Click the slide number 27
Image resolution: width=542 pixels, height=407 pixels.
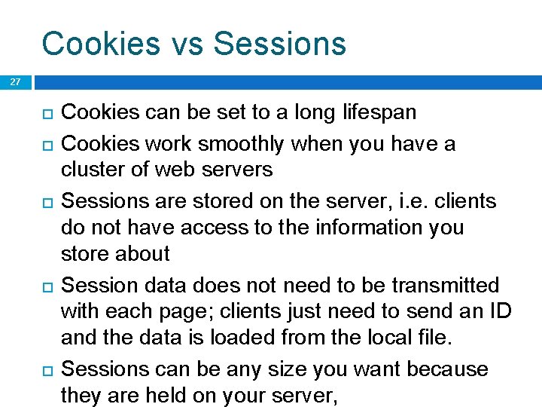16,82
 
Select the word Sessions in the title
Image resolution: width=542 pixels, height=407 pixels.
280,44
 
